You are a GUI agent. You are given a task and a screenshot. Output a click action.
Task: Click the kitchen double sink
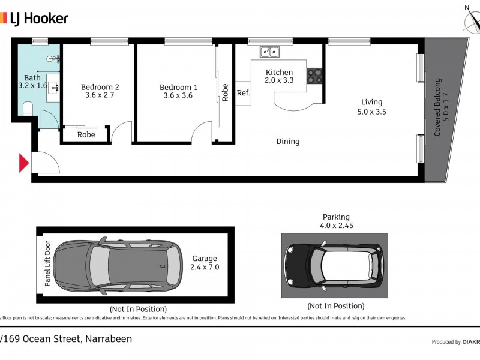click(269, 52)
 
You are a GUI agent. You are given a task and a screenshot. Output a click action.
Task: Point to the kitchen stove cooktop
click(315, 76)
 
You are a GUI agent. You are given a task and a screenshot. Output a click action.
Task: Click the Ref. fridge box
click(243, 93)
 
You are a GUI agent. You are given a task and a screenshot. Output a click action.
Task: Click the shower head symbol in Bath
click(56, 58)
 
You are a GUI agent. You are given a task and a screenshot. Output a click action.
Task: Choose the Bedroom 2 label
click(100, 86)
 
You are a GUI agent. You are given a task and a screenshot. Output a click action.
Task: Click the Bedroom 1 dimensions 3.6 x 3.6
click(178, 95)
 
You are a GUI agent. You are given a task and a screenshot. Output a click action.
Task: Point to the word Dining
click(287, 142)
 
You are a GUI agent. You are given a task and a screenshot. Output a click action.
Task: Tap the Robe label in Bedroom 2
click(86, 135)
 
